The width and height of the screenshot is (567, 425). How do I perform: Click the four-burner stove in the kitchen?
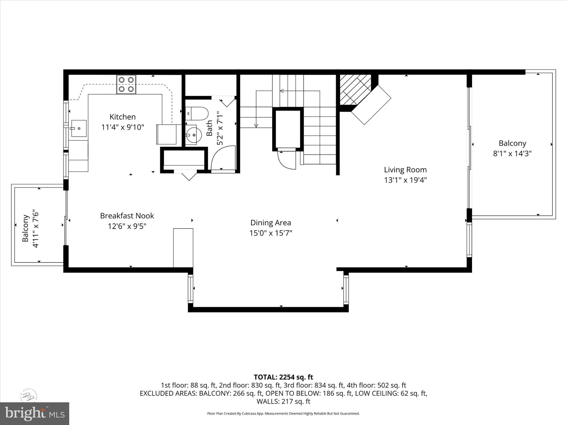[x=126, y=84]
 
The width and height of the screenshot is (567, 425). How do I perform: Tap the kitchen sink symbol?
[x=79, y=128]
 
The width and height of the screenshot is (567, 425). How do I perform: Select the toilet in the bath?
[x=197, y=113]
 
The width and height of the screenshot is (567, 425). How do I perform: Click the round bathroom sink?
[x=193, y=135]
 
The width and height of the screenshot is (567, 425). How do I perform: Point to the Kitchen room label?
[x=122, y=117]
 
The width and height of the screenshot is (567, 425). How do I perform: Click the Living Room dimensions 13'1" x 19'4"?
[x=405, y=180]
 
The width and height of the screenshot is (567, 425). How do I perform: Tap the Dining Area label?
[x=270, y=223]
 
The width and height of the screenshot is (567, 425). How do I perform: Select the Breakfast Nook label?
[x=127, y=216]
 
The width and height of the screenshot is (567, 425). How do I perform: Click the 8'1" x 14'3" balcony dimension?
[x=512, y=154]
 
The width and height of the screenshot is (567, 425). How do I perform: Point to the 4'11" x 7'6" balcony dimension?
[x=35, y=228]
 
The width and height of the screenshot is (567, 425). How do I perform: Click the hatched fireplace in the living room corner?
[x=355, y=90]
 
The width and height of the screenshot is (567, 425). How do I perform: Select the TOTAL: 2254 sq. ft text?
[x=283, y=377]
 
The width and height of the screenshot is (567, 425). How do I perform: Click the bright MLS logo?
[x=34, y=414]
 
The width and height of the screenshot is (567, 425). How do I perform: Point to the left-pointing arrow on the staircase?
[x=282, y=91]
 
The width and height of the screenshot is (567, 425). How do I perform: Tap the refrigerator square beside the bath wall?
[x=166, y=134]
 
